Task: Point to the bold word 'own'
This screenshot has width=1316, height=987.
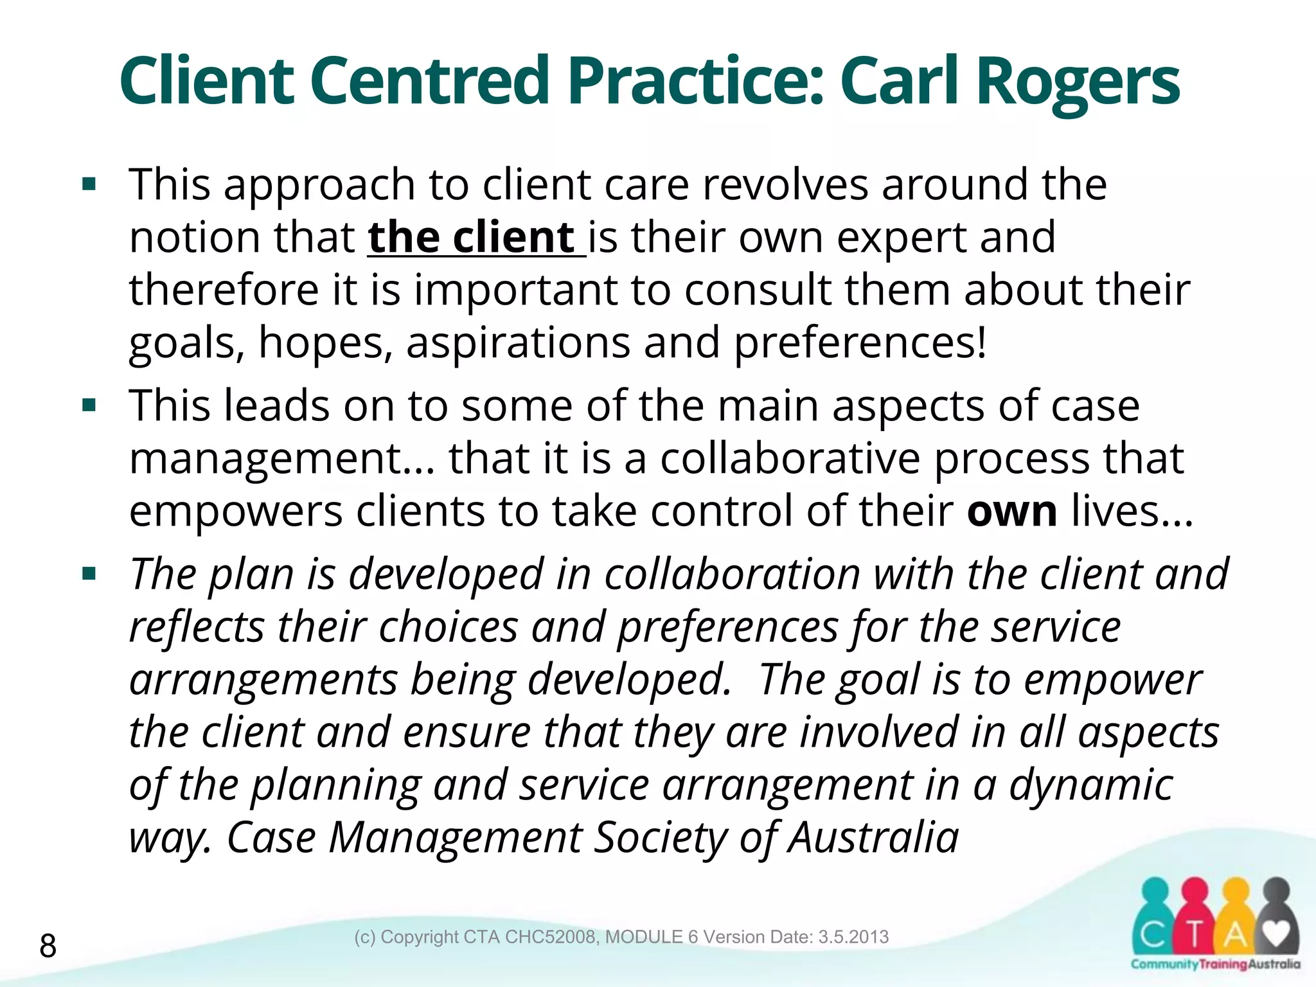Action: [x=1011, y=511]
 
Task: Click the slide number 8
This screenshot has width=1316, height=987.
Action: [x=48, y=946]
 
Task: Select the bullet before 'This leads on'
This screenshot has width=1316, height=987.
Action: [x=89, y=406]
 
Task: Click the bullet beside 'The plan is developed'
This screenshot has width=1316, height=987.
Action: [x=89, y=574]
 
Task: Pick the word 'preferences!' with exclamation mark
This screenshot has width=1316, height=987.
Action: [x=860, y=342]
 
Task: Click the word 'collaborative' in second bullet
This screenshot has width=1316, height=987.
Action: [x=790, y=459]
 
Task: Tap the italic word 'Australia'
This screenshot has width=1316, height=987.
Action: [x=873, y=838]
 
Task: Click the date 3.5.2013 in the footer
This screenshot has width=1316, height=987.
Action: [x=853, y=937]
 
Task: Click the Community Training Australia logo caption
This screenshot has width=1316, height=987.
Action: [x=1215, y=965]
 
